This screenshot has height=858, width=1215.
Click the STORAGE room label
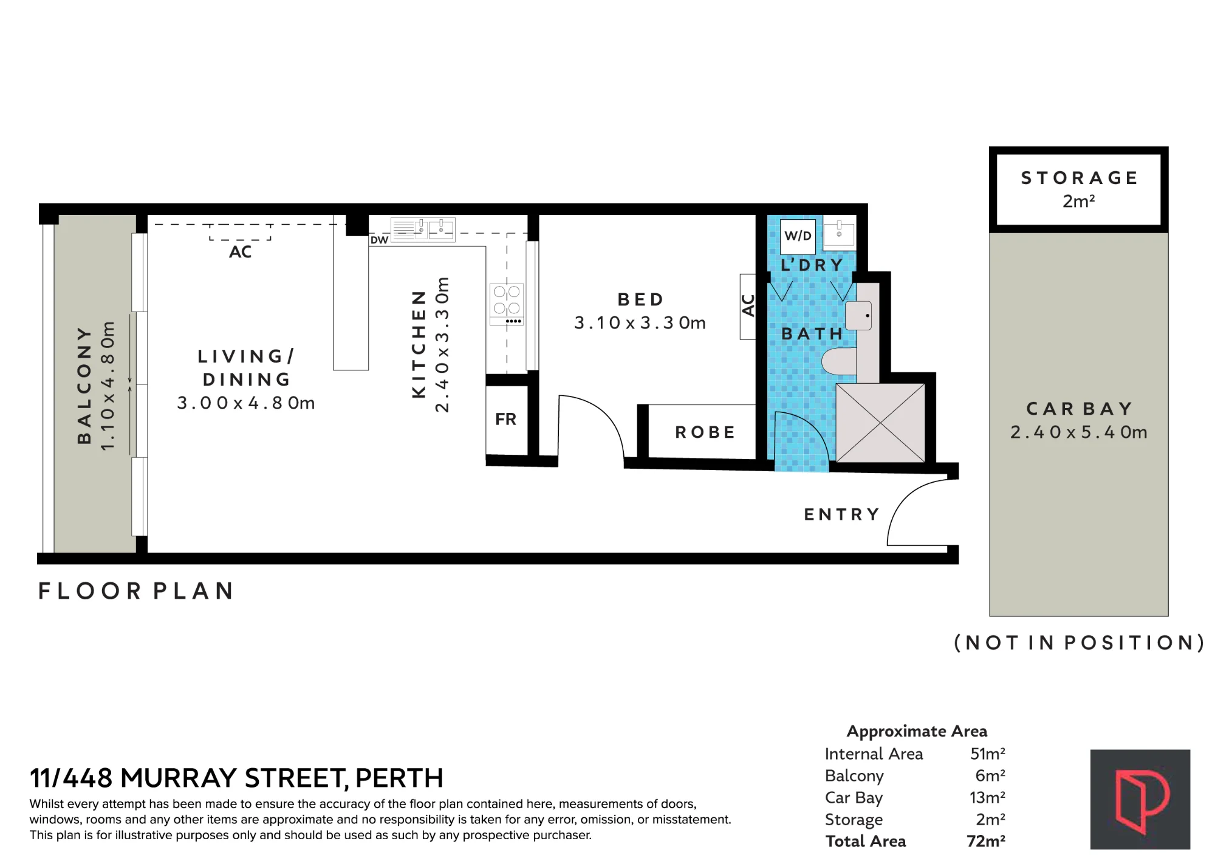click(1079, 178)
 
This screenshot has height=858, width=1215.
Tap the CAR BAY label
click(1079, 409)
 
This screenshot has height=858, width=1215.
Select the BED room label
click(640, 299)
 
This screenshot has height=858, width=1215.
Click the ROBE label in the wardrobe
click(705, 432)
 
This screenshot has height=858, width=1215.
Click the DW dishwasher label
click(379, 240)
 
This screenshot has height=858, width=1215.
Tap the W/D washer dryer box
click(798, 236)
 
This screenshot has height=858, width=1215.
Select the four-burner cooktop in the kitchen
click(507, 304)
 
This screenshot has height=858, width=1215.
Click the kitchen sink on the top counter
click(423, 230)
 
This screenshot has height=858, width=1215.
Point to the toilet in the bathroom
click(839, 361)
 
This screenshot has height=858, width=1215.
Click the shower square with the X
click(880, 423)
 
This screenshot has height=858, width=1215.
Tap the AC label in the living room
click(240, 252)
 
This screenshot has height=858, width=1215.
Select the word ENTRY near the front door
click(841, 515)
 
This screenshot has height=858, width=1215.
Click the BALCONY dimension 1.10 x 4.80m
click(108, 386)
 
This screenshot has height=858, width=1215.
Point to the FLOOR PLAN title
click(136, 591)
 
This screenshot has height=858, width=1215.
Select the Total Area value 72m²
click(985, 841)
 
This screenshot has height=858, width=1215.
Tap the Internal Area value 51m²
click(987, 754)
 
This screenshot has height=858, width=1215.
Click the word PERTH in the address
click(399, 778)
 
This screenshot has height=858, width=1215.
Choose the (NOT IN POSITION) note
click(1079, 642)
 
